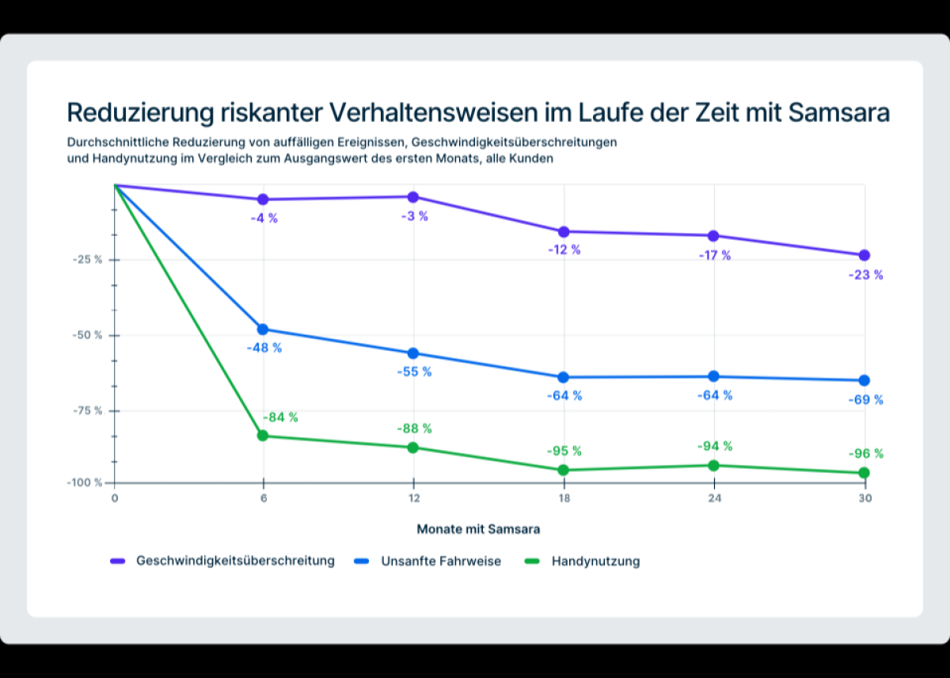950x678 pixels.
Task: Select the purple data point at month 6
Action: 263,200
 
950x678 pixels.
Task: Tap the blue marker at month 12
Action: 413,353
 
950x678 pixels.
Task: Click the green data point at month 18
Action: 564,470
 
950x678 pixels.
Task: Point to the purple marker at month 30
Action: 864,255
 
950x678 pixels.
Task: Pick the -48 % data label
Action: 264,348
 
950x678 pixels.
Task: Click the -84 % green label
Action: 280,417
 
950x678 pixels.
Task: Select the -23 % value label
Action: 865,276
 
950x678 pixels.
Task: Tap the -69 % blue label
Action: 865,400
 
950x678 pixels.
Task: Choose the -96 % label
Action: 865,454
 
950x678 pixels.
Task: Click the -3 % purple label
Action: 414,216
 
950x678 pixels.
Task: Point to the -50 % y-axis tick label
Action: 86,335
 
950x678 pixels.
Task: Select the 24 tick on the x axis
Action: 714,499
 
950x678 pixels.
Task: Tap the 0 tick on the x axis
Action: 115,499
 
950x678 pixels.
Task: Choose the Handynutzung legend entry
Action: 595,561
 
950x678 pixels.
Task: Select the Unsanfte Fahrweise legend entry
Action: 441,561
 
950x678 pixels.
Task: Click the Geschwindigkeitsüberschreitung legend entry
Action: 235,561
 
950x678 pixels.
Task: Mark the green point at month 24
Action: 714,465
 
